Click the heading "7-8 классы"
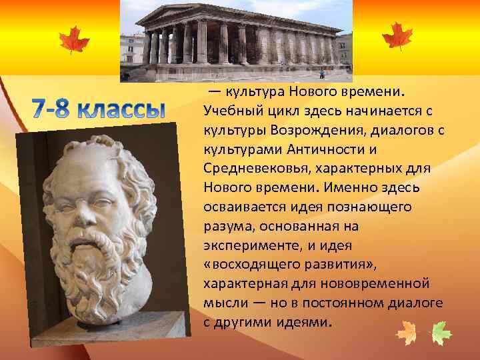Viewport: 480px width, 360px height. (99, 109)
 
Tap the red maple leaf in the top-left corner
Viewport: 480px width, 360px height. (73, 39)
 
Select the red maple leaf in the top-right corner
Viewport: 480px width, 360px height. (397, 35)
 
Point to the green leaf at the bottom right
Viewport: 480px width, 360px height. (441, 332)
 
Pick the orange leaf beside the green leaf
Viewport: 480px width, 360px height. (406, 332)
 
